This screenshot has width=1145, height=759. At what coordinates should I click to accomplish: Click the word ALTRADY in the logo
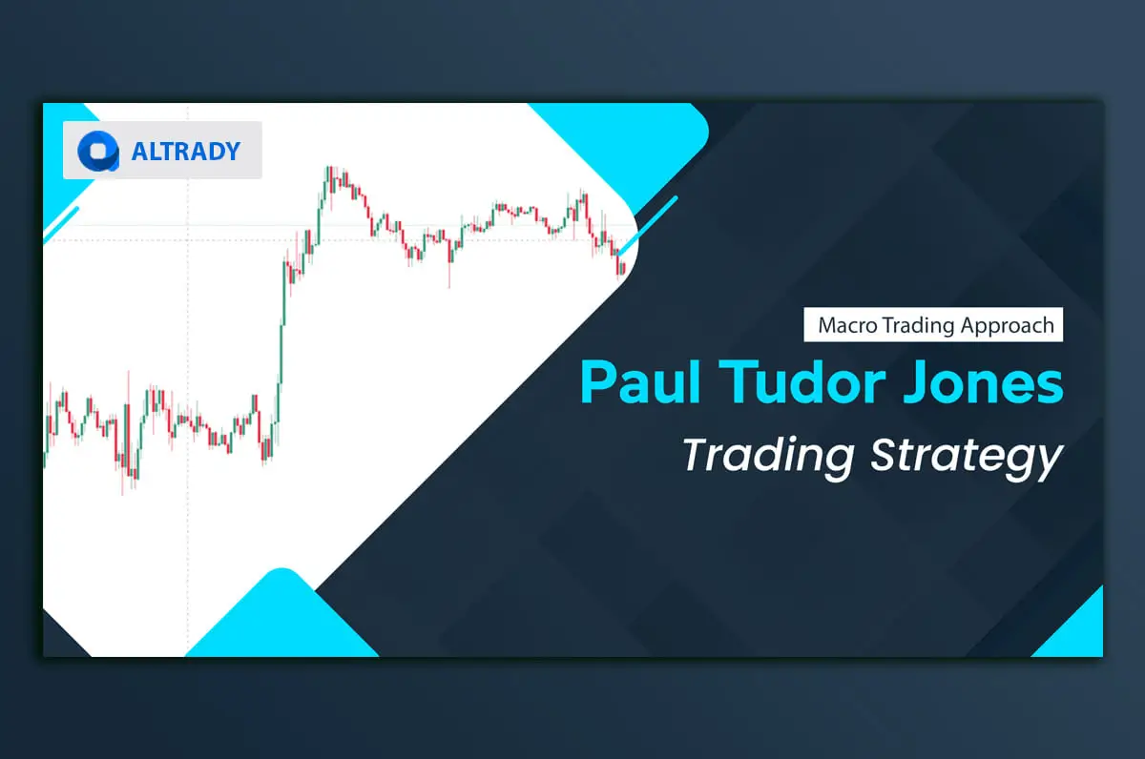(186, 151)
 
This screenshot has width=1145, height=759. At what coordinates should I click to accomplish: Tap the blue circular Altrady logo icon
(97, 151)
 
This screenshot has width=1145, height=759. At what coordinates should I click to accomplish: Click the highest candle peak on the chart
(328, 169)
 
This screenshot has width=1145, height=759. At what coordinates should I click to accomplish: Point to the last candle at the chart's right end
(624, 267)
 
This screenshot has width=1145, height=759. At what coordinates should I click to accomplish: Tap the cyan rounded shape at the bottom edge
(281, 620)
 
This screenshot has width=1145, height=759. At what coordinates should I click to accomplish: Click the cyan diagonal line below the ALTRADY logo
(59, 221)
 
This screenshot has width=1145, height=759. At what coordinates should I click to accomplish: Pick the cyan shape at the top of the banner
(630, 143)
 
